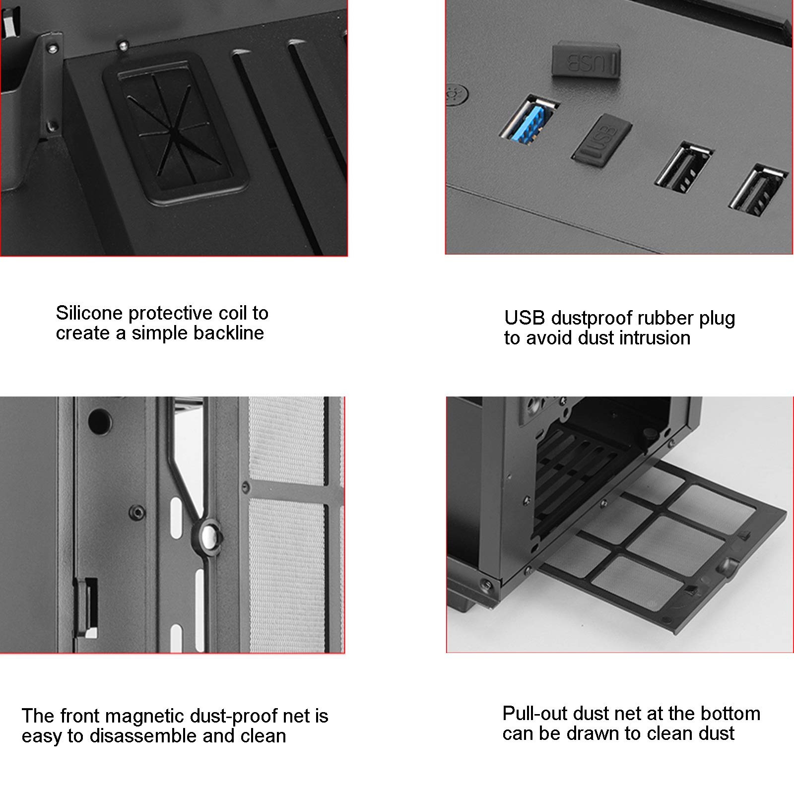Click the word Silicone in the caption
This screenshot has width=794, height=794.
tap(89, 313)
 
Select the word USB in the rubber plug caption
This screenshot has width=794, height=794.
tap(524, 318)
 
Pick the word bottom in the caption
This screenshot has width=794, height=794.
tap(729, 714)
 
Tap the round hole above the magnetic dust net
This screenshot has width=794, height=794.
tap(100, 421)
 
